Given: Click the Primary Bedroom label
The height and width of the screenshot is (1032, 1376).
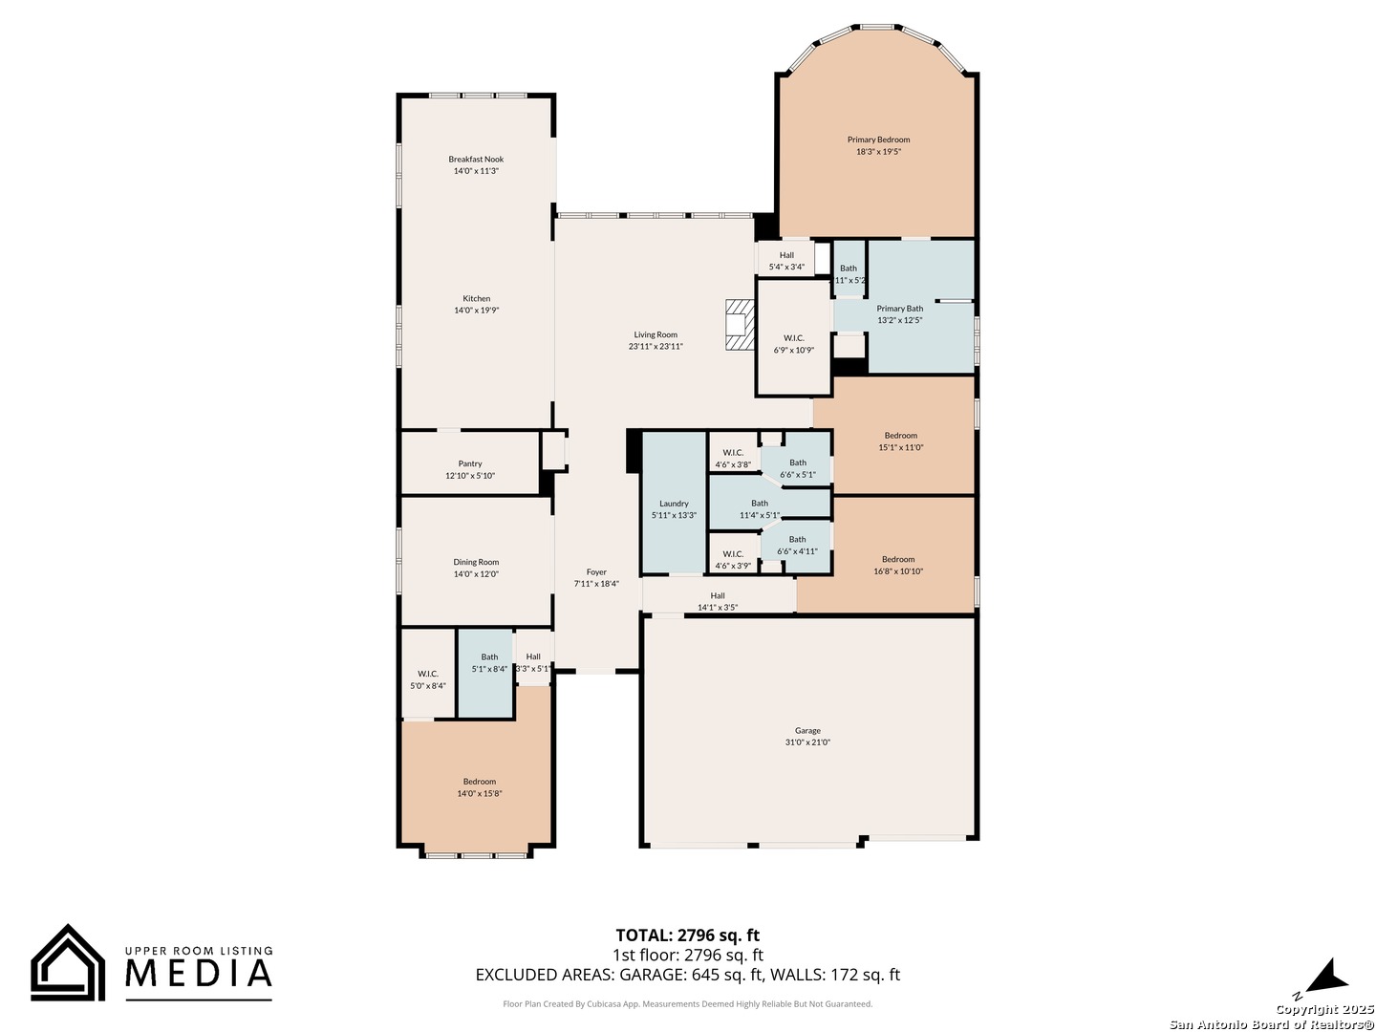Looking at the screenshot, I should (878, 140).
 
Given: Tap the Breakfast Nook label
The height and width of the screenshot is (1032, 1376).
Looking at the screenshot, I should (476, 160).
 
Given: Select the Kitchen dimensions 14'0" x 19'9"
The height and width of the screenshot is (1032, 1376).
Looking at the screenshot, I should (476, 311).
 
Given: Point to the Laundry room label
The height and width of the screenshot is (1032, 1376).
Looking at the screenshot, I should (674, 504).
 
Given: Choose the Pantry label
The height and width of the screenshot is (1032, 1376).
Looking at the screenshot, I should (470, 463).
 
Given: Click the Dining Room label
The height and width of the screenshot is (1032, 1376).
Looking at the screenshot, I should (476, 563).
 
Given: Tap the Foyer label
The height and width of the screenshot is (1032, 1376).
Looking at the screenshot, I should (596, 572).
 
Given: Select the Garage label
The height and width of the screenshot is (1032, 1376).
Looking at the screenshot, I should (807, 731).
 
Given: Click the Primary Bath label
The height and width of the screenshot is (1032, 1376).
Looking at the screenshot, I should (900, 309).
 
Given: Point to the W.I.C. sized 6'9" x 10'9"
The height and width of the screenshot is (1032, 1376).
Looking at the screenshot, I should (793, 344).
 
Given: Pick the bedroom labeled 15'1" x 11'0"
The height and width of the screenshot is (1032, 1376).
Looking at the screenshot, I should (900, 441).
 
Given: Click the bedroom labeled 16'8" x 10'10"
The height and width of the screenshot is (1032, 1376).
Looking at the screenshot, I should (898, 566).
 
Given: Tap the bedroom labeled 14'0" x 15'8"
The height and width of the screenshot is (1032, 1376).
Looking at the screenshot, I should (479, 787).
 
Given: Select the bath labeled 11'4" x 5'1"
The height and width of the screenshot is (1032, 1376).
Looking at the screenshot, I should (760, 509).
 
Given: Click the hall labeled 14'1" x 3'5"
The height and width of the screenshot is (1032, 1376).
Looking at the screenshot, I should (718, 601).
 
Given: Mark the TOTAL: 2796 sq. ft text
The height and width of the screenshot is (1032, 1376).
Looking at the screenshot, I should (687, 935).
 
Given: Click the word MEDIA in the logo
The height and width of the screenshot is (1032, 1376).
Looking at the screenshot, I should (200, 973).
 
